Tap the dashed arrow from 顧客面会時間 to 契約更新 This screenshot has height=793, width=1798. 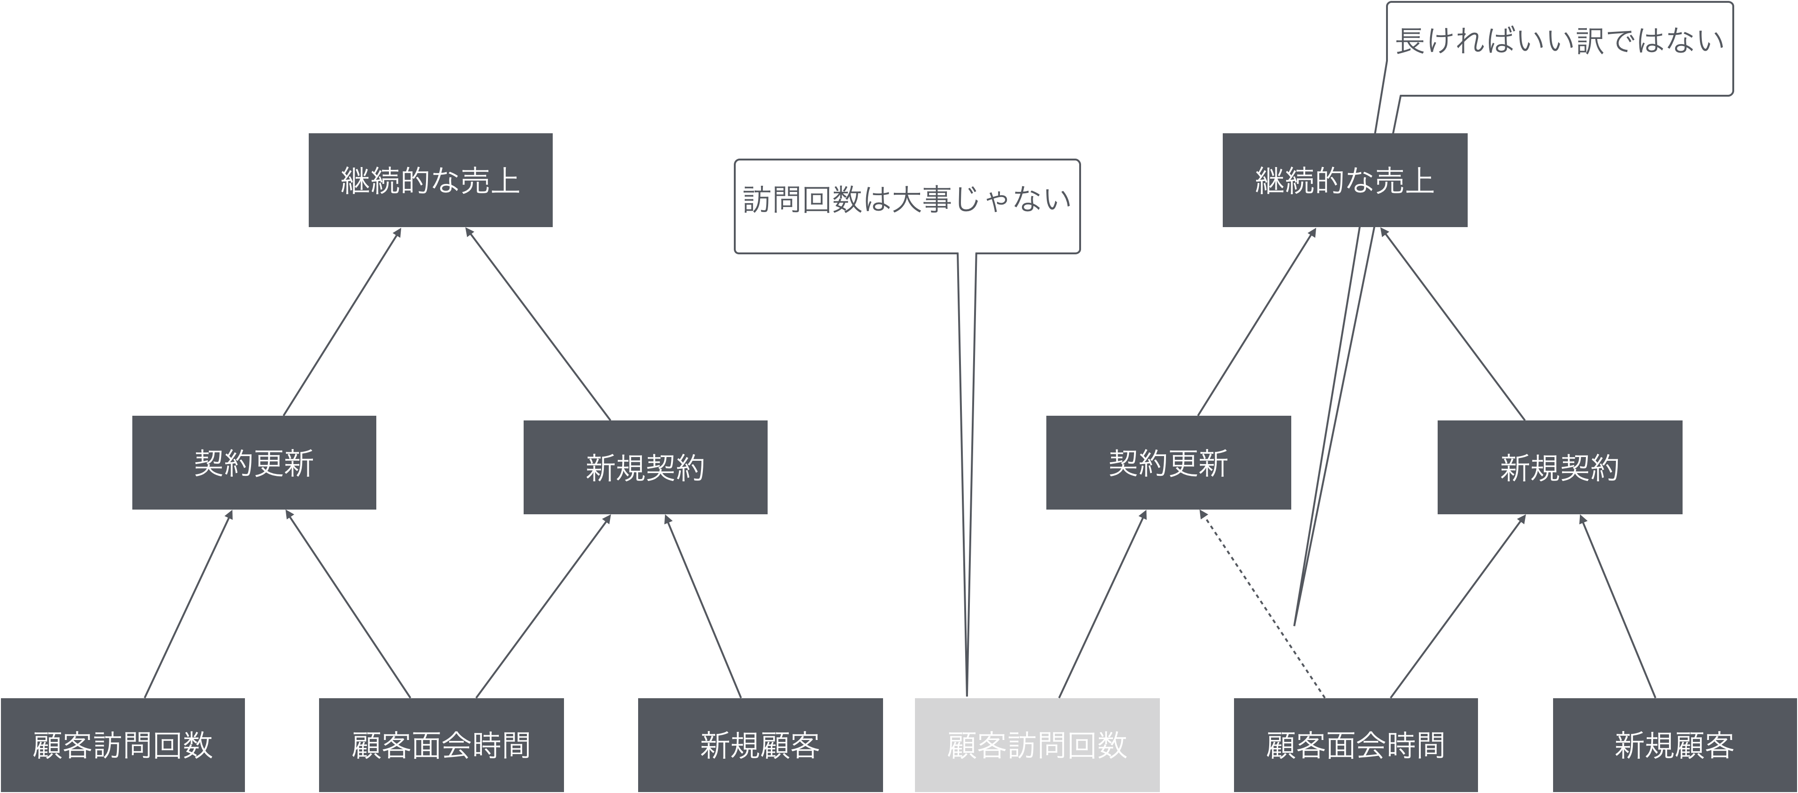[x=1262, y=604]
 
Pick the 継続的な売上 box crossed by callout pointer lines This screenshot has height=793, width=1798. [x=1344, y=180]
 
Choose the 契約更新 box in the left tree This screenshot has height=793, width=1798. [x=254, y=463]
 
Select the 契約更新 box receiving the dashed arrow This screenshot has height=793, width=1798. [x=1168, y=463]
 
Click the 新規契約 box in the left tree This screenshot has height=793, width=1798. [x=645, y=467]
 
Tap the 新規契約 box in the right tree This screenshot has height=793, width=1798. [x=1559, y=467]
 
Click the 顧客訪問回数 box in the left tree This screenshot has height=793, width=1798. [x=122, y=745]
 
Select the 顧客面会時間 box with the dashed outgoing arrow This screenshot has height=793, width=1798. [x=1356, y=745]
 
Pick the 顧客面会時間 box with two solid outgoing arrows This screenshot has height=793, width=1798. [x=441, y=745]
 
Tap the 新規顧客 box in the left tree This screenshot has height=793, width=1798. [x=760, y=745]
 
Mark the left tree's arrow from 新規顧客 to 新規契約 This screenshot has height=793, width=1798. [x=703, y=606]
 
